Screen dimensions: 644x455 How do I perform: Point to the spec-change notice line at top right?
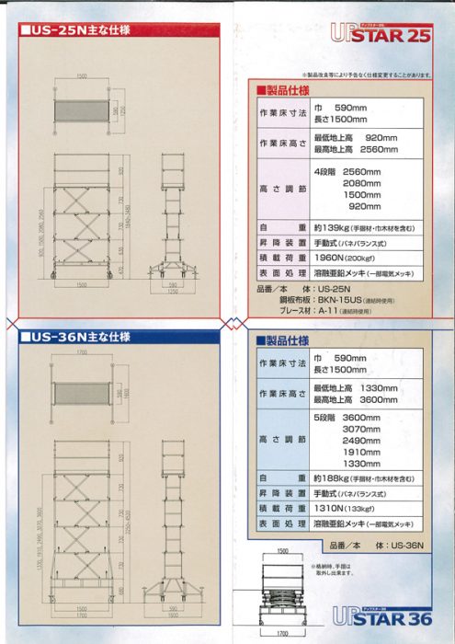point(367,75)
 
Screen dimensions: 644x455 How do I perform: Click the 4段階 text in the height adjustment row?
point(324,171)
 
